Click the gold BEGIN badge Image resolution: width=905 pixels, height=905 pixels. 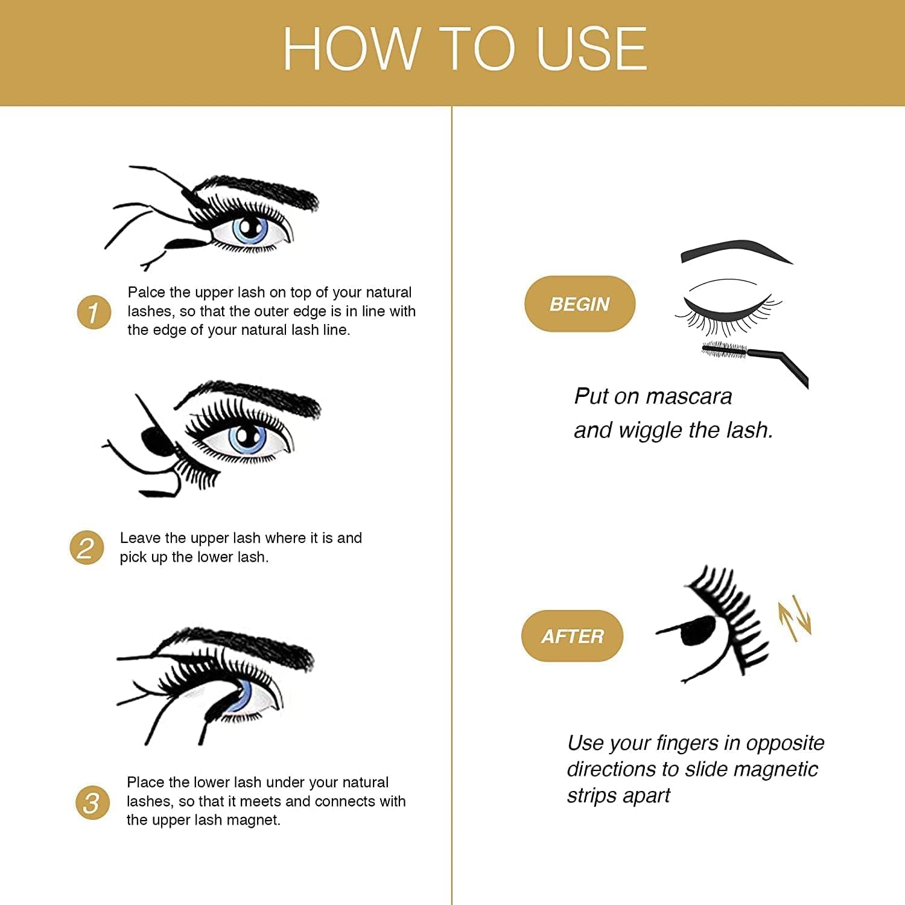pyautogui.click(x=580, y=303)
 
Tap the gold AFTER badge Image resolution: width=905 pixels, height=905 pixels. pyautogui.click(x=572, y=636)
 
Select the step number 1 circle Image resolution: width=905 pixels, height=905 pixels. pyautogui.click(x=94, y=313)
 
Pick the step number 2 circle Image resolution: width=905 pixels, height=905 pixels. pyautogui.click(x=86, y=548)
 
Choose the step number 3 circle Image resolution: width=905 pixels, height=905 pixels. pyautogui.click(x=92, y=803)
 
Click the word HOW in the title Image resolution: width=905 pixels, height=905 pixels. pyautogui.click(x=351, y=49)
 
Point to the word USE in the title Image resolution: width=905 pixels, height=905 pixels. pyautogui.click(x=591, y=49)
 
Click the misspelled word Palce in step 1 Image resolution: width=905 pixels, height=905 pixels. pyautogui.click(x=146, y=293)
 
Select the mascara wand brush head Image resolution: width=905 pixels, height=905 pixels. pyautogui.click(x=725, y=349)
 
